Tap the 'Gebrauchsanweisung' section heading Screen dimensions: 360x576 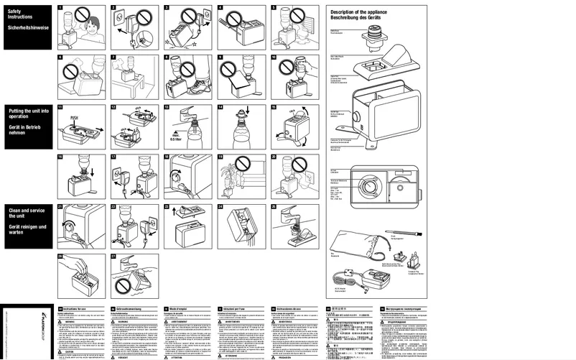pos(128,307)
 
